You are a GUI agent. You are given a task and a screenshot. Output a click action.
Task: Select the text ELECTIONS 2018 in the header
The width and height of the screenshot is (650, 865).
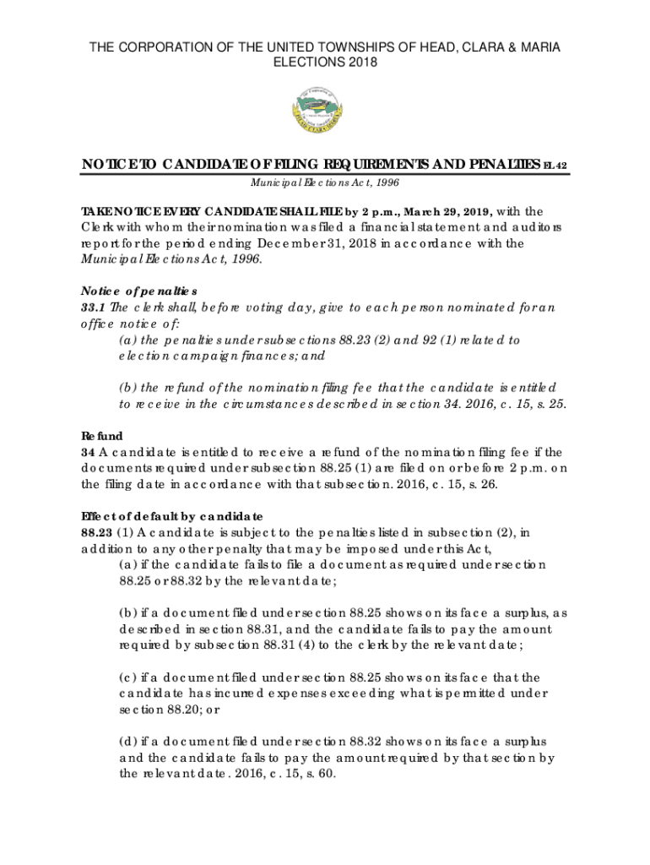click(325, 63)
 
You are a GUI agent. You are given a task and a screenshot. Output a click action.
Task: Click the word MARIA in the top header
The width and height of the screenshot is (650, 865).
click(538, 46)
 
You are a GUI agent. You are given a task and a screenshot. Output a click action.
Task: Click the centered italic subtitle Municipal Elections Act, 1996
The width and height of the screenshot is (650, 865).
click(324, 182)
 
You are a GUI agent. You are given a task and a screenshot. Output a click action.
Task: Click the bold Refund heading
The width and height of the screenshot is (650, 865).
click(102, 436)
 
